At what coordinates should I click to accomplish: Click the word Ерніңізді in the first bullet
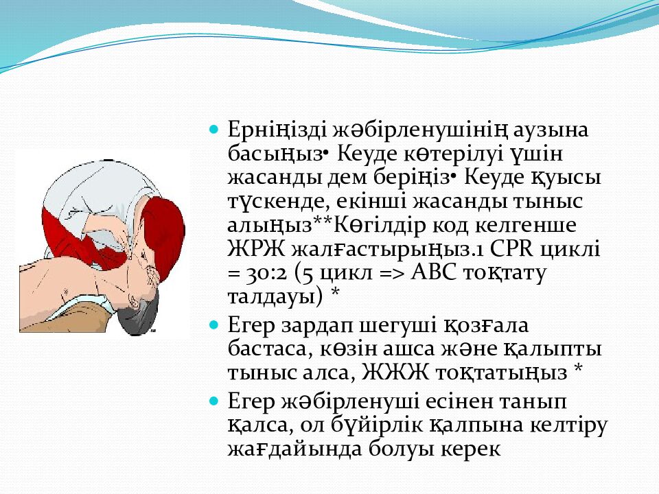[277, 130]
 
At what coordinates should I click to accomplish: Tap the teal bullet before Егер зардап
[214, 325]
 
